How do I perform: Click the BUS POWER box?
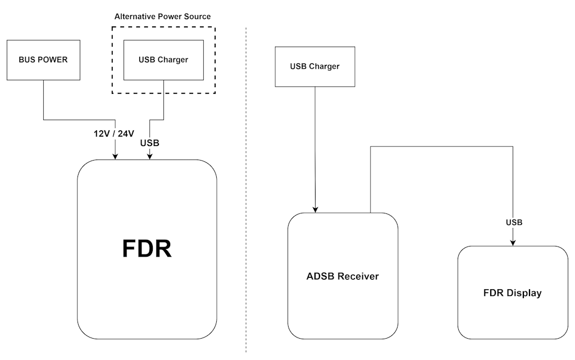pyautogui.click(x=43, y=60)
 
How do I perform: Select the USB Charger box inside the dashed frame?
pyautogui.click(x=163, y=60)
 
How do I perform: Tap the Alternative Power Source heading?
pyautogui.click(x=163, y=17)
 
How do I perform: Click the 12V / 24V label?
pyautogui.click(x=114, y=134)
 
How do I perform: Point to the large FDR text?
pyautogui.click(x=147, y=249)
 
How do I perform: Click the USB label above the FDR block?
pyautogui.click(x=149, y=143)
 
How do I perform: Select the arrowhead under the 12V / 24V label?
pyautogui.click(x=115, y=157)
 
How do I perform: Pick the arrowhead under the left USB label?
pyautogui.click(x=150, y=157)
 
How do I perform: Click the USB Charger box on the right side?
pyautogui.click(x=315, y=66)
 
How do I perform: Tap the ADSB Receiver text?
pyautogui.click(x=343, y=276)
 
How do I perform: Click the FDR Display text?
pyautogui.click(x=512, y=293)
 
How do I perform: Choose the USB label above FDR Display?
pyautogui.click(x=514, y=222)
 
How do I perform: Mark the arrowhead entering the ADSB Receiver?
pyautogui.click(x=316, y=209)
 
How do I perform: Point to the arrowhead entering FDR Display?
pyautogui.click(x=513, y=243)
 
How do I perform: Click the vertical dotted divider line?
pyautogui.click(x=246, y=185)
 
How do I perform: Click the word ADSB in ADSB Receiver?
pyautogui.click(x=320, y=276)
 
